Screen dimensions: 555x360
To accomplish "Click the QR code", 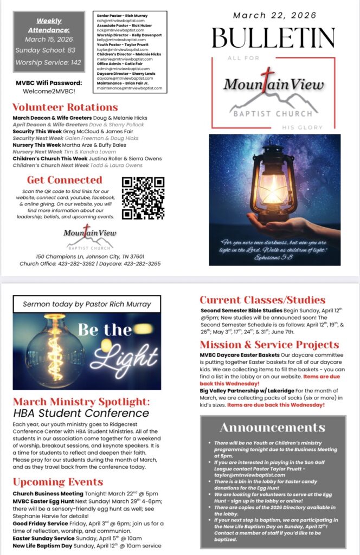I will pos(143,198).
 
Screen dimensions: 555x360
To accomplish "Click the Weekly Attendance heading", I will pos(49,25).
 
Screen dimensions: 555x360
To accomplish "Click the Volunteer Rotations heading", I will pos(65,107).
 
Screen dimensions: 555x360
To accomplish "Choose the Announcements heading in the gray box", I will pos(273,428).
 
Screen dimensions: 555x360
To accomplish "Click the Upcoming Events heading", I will pos(57,481).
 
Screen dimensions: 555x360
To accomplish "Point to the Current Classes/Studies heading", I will pos(262,300).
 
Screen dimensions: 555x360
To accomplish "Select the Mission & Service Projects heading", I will pos(269,345).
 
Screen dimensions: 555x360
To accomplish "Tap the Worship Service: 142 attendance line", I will pos(49,63).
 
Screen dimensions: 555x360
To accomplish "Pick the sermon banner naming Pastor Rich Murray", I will pos(87,304).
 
